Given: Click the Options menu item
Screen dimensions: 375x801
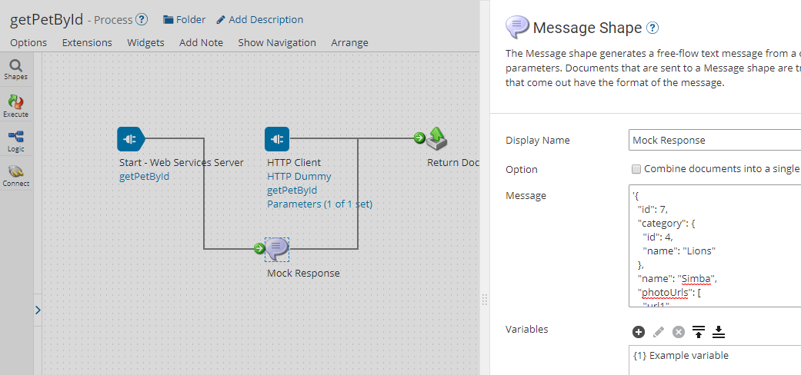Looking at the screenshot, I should pyautogui.click(x=28, y=42).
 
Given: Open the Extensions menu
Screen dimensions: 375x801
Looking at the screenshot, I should pyautogui.click(x=87, y=42).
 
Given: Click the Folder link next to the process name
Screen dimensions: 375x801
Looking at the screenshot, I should pyautogui.click(x=185, y=19).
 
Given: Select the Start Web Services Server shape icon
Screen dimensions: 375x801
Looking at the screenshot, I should pyautogui.click(x=130, y=139).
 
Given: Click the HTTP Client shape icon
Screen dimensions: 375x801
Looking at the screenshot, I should pyautogui.click(x=277, y=139).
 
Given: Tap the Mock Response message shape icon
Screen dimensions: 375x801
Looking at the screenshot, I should pyautogui.click(x=277, y=248).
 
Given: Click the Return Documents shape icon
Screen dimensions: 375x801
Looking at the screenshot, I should pyautogui.click(x=437, y=139).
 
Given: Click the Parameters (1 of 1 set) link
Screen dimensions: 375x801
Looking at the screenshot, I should pyautogui.click(x=319, y=204).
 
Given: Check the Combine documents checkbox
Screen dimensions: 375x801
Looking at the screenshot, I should pyautogui.click(x=636, y=169).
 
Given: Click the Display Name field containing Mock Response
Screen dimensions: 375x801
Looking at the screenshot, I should pyautogui.click(x=714, y=140).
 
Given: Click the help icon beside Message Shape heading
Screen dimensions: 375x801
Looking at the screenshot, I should pyautogui.click(x=652, y=28).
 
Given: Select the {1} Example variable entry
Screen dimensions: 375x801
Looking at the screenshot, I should pyautogui.click(x=680, y=355).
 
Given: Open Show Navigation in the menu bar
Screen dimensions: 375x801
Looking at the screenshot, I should pyautogui.click(x=277, y=42).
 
